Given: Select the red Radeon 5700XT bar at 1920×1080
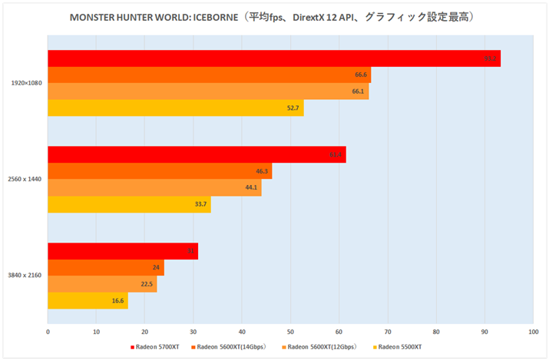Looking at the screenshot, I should [x=273, y=58].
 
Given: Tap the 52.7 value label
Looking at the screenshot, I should [x=293, y=108].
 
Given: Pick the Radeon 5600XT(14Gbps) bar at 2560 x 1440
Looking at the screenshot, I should [x=159, y=171].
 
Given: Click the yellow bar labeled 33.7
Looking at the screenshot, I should [x=128, y=205].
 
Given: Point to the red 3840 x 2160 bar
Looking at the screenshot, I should [x=122, y=251].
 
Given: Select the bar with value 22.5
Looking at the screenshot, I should [x=101, y=284].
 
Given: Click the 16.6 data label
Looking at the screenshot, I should [x=117, y=301].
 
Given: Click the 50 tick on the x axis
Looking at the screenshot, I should [x=290, y=332].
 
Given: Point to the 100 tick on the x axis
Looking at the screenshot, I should [x=532, y=332].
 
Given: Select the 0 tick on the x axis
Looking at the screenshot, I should [x=48, y=332].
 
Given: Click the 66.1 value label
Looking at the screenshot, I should [x=358, y=91].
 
